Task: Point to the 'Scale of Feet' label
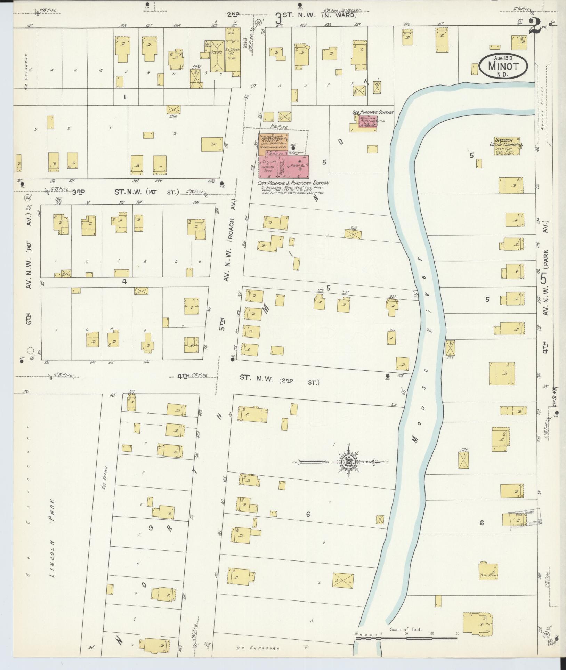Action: coord(405,629)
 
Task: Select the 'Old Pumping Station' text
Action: coord(372,112)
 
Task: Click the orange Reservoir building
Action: coord(273,143)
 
